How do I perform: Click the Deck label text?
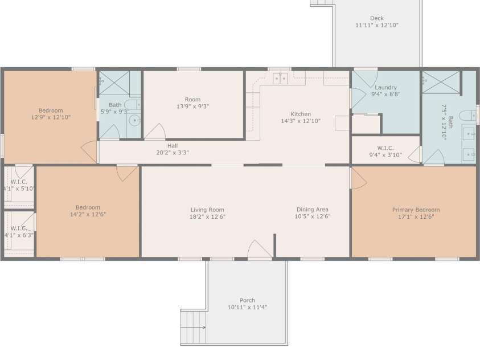click(x=376, y=18)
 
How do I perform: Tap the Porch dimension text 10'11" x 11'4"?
click(x=247, y=308)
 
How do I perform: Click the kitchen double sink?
click(x=280, y=79)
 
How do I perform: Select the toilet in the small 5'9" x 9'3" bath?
click(x=132, y=105)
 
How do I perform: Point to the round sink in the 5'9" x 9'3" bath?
click(x=134, y=120)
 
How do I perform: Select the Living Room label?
click(x=207, y=210)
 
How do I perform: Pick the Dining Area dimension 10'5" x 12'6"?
click(x=313, y=216)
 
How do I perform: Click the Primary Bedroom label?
click(x=416, y=210)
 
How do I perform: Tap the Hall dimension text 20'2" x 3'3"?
click(x=172, y=153)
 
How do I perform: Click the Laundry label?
click(x=385, y=87)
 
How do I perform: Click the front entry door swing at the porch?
click(x=259, y=250)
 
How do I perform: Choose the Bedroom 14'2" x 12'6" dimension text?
click(x=88, y=215)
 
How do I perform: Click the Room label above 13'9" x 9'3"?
click(x=192, y=99)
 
